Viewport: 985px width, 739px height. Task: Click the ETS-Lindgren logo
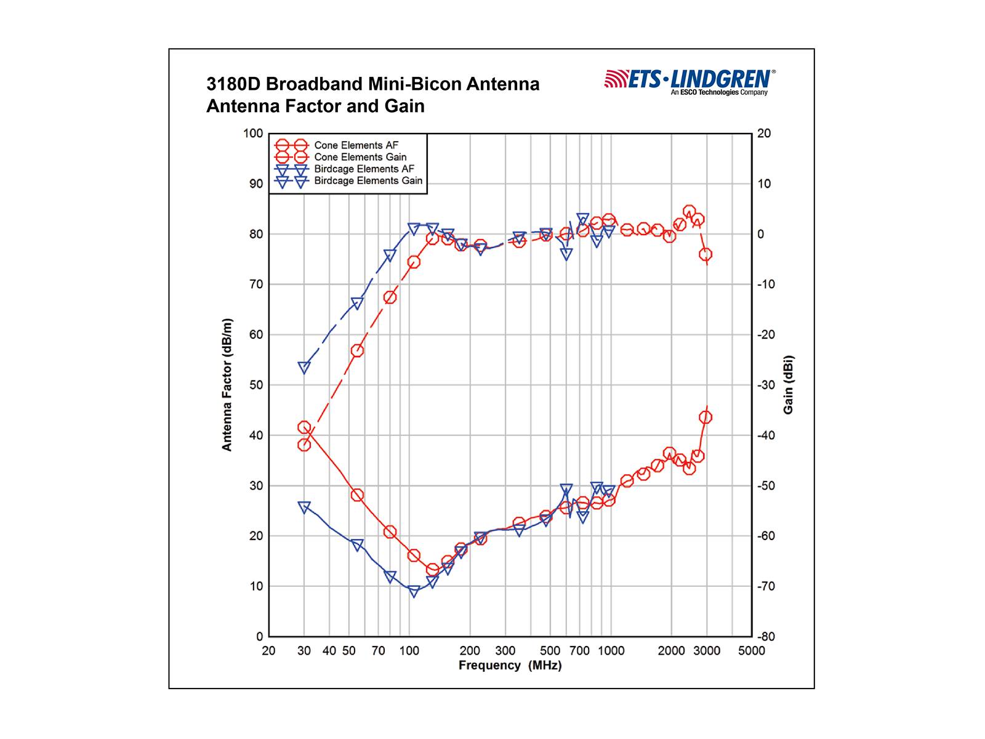689,82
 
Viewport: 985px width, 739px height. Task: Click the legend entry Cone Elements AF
356,145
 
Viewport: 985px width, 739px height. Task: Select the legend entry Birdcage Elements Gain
368,181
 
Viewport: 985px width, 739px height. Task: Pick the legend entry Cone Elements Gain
360,157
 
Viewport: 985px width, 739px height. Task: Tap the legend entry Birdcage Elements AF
364,169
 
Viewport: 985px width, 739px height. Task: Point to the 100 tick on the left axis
252,134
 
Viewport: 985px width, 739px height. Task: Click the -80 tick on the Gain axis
766,637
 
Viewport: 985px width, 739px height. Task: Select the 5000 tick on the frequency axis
752,651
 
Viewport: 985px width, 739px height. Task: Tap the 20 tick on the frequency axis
268,651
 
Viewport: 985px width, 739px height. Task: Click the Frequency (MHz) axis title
510,666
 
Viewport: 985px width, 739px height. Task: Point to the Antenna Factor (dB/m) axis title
227,385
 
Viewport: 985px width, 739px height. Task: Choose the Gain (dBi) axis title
789,385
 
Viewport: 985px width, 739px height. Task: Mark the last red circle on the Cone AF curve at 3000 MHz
706,418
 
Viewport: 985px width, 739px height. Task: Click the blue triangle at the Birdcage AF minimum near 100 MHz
414,591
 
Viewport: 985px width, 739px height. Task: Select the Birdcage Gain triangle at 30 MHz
304,368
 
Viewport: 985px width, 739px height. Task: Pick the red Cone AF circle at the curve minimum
432,570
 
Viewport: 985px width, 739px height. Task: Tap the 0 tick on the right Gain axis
761,234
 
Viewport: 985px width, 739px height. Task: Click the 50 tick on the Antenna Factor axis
255,385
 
